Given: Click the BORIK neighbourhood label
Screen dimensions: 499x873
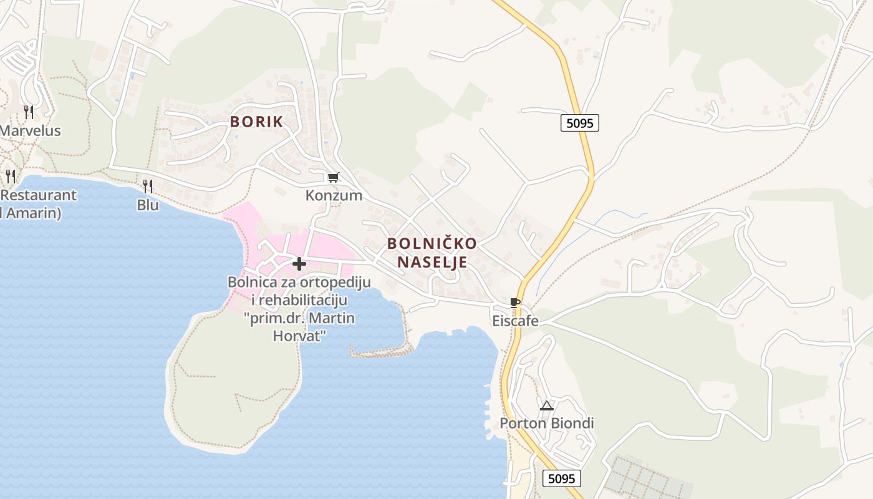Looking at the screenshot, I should tap(256, 122).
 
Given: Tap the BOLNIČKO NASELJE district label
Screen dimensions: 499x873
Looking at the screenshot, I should tap(432, 253).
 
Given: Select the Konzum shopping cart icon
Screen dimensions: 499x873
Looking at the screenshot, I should tap(334, 178).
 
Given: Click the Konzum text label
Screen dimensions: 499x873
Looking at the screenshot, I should tap(334, 195).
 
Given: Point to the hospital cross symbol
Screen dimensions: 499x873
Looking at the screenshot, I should tap(299, 264).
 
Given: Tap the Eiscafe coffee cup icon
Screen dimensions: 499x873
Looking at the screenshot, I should tap(515, 303).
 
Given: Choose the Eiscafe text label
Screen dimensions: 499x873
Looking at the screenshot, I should tap(515, 321).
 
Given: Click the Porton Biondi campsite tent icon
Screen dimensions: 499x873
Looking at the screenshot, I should tap(547, 405).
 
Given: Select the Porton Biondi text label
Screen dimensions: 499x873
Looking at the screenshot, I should tap(547, 424).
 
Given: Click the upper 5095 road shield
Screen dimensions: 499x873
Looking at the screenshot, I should tap(579, 123).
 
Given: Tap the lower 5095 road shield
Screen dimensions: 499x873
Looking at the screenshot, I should tap(561, 478).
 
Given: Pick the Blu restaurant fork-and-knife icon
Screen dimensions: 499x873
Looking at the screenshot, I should tap(148, 186).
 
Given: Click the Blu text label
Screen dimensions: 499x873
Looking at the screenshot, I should tap(148, 205).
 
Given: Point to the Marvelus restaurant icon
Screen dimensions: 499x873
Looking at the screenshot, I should tap(29, 112).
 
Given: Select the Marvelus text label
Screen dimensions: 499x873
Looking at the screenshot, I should tap(30, 131).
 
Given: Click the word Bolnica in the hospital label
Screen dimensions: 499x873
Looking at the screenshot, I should tap(251, 282).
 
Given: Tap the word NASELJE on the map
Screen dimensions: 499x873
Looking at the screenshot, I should tap(432, 262).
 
